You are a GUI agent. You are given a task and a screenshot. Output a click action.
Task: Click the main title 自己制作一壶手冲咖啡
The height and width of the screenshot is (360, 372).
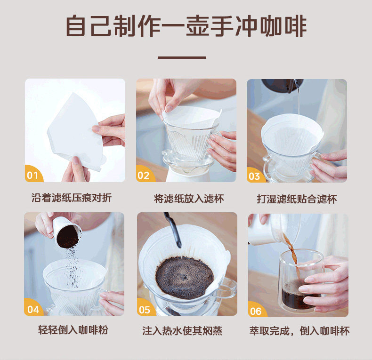click(x=186, y=26)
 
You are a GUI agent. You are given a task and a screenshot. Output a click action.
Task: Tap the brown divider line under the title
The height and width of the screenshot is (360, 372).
click(x=182, y=57)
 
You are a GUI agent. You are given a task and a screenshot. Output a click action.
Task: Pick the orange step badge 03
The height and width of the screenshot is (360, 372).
click(x=255, y=176)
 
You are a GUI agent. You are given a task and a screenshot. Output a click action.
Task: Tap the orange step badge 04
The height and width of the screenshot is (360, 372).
click(x=33, y=308)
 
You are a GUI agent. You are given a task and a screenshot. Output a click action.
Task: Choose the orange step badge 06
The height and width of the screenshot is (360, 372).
click(x=257, y=310)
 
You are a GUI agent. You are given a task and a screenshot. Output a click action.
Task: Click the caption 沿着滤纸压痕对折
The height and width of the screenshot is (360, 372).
click(x=72, y=198)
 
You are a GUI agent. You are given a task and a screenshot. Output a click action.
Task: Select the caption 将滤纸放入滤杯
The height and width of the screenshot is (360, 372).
click(x=189, y=199)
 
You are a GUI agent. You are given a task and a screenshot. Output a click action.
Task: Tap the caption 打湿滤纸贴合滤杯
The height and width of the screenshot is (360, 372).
click(x=297, y=199)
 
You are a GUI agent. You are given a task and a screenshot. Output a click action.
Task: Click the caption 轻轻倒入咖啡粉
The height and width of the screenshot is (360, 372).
click(x=73, y=330)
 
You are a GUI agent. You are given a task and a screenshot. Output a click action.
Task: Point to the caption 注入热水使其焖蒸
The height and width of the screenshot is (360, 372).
click(x=182, y=331)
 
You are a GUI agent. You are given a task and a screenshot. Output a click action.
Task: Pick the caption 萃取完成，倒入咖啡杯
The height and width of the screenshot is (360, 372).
click(x=299, y=331)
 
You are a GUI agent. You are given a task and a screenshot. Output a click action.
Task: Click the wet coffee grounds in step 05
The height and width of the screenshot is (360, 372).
click(x=184, y=277)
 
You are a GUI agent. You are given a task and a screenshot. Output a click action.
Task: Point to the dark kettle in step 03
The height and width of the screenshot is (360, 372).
click(x=283, y=85)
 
